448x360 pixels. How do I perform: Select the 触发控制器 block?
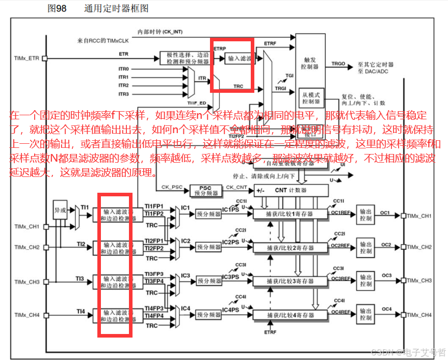click(310, 63)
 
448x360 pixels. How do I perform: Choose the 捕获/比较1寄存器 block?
click(290, 214)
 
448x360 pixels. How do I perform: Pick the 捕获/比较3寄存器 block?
click(290, 281)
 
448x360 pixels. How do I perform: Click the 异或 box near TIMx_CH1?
click(60, 210)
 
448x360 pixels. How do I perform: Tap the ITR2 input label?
click(124, 86)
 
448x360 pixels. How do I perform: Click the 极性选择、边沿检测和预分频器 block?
click(185, 58)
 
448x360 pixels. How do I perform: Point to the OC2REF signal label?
click(340, 246)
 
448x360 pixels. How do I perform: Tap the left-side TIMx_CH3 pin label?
click(27, 282)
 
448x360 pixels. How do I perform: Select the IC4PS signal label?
click(230, 310)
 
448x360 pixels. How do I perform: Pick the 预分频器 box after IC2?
click(208, 248)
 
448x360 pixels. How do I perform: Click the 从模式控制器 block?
click(310, 98)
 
